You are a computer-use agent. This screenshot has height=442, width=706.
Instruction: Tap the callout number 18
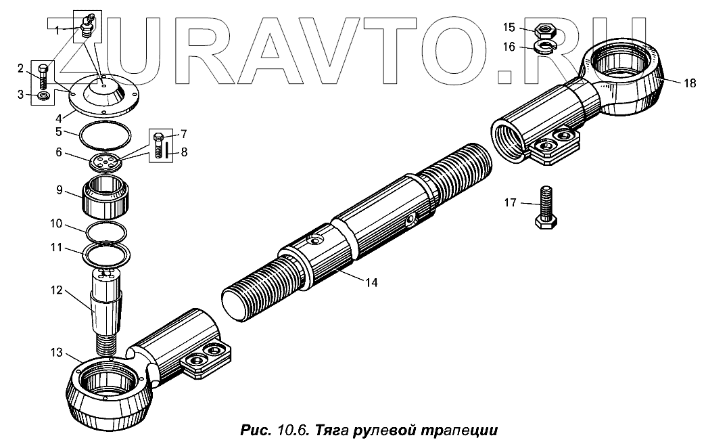coord(688,83)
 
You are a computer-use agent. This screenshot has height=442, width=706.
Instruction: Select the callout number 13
coord(55,353)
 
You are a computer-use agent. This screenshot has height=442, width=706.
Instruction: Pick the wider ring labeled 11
coord(106,256)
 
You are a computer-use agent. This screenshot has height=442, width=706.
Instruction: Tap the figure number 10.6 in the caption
coord(293,429)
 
